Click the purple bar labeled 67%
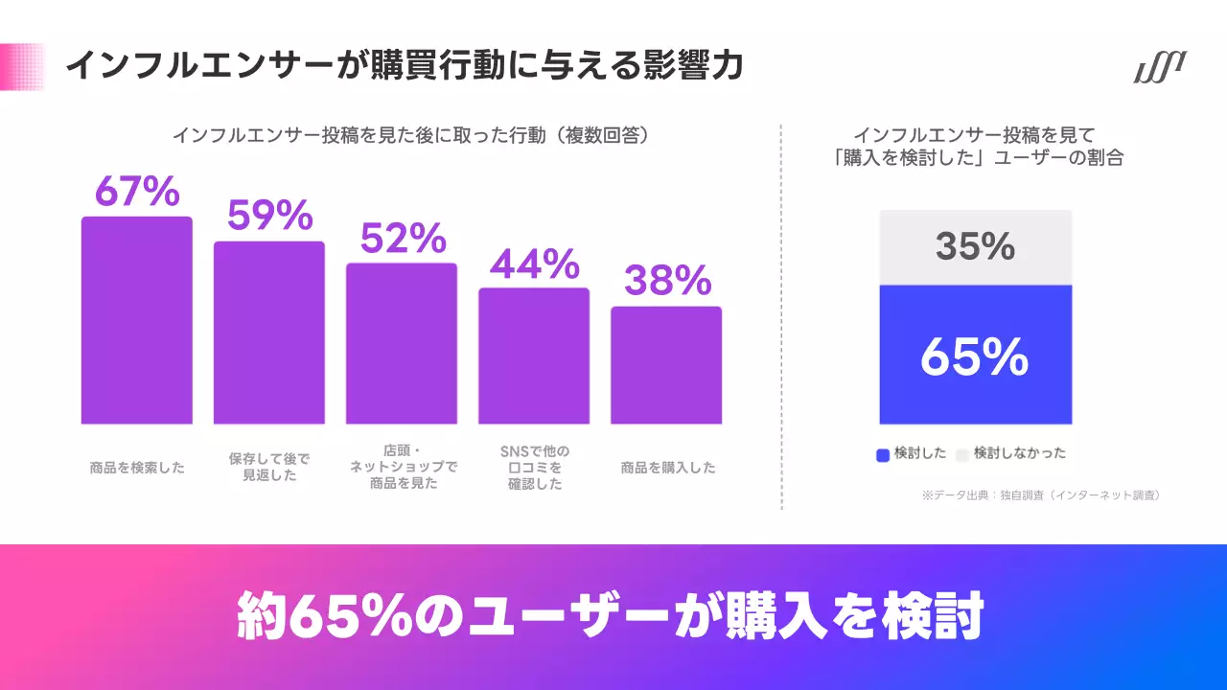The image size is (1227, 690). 136,321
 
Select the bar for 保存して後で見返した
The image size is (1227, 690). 268,333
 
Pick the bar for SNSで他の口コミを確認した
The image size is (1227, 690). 533,356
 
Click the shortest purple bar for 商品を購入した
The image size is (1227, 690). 665,365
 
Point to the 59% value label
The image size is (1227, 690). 269,216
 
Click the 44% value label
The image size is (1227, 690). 534,263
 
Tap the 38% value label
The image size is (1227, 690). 666,281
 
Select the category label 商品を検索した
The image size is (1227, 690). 136,468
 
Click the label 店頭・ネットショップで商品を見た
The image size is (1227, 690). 402,468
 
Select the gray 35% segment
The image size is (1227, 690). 975,247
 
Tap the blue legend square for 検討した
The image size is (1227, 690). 883,455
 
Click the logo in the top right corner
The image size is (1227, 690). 1159,69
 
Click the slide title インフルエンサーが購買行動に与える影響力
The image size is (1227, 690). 404,66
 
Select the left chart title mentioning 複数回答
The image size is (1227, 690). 412,135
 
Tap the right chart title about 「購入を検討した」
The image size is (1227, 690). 978,147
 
